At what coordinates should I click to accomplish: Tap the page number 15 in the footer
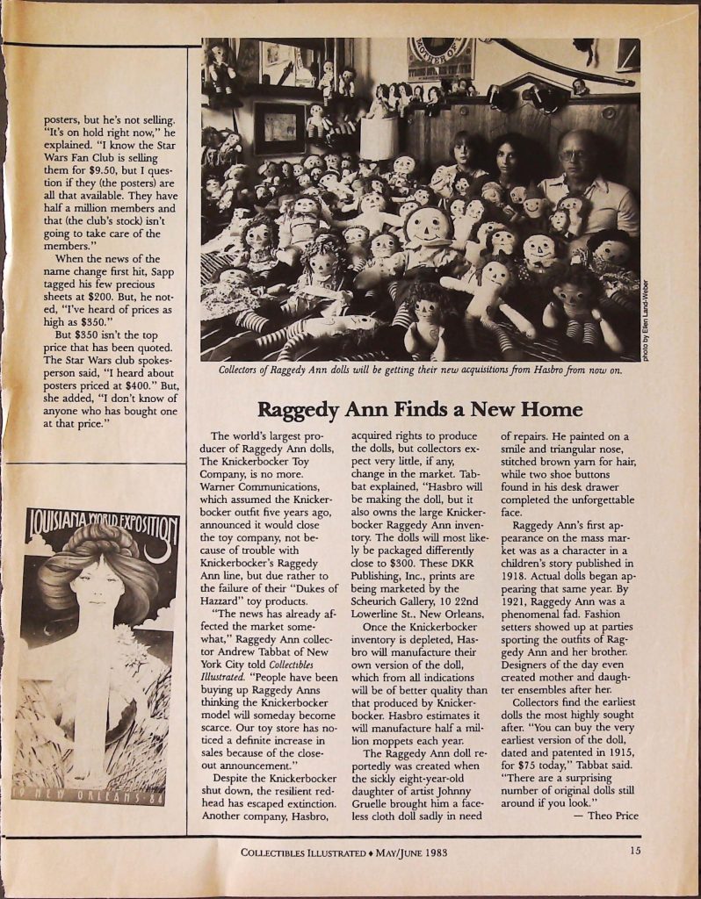point(634,850)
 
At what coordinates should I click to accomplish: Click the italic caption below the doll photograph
point(420,370)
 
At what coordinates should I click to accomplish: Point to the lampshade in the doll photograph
point(379,138)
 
